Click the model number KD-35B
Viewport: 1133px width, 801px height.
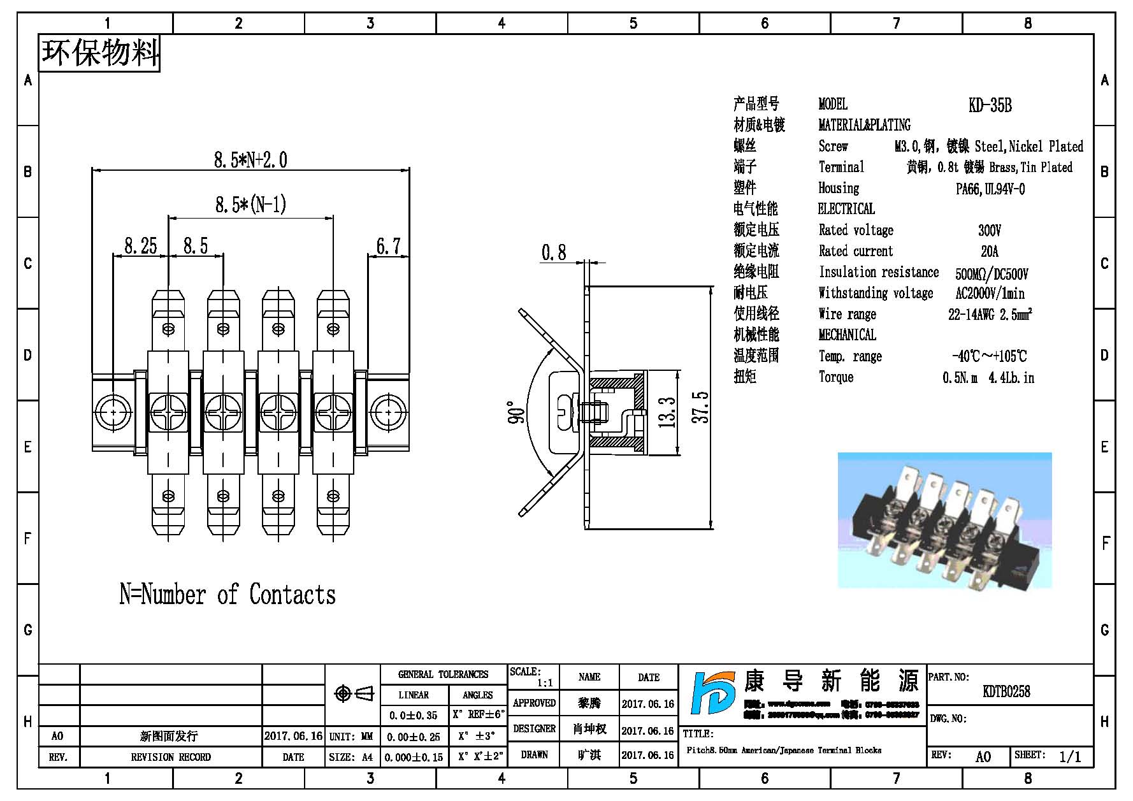tap(990, 105)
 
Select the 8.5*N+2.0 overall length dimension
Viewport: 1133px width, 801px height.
tap(250, 159)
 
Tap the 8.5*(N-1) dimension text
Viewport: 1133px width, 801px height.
tap(250, 205)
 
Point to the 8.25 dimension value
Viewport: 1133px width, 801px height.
tap(140, 246)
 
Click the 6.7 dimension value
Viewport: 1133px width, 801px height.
tap(388, 246)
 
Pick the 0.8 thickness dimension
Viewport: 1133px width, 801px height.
tap(553, 253)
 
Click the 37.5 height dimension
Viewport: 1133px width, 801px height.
tap(700, 407)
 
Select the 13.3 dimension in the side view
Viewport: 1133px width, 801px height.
tap(667, 412)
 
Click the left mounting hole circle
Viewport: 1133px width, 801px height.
tap(113, 412)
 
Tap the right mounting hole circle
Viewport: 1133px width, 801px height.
tap(389, 413)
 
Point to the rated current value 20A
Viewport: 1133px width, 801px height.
tap(990, 251)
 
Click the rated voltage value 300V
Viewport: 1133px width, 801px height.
tap(990, 230)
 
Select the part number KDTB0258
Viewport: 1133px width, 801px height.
tap(1006, 691)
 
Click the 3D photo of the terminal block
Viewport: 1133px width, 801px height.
tap(944, 520)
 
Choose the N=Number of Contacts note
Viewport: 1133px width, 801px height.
tap(227, 595)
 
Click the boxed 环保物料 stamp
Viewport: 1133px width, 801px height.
tap(100, 53)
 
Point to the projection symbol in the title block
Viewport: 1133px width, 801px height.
tap(354, 693)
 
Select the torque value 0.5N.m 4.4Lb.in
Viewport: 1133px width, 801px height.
tap(988, 378)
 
